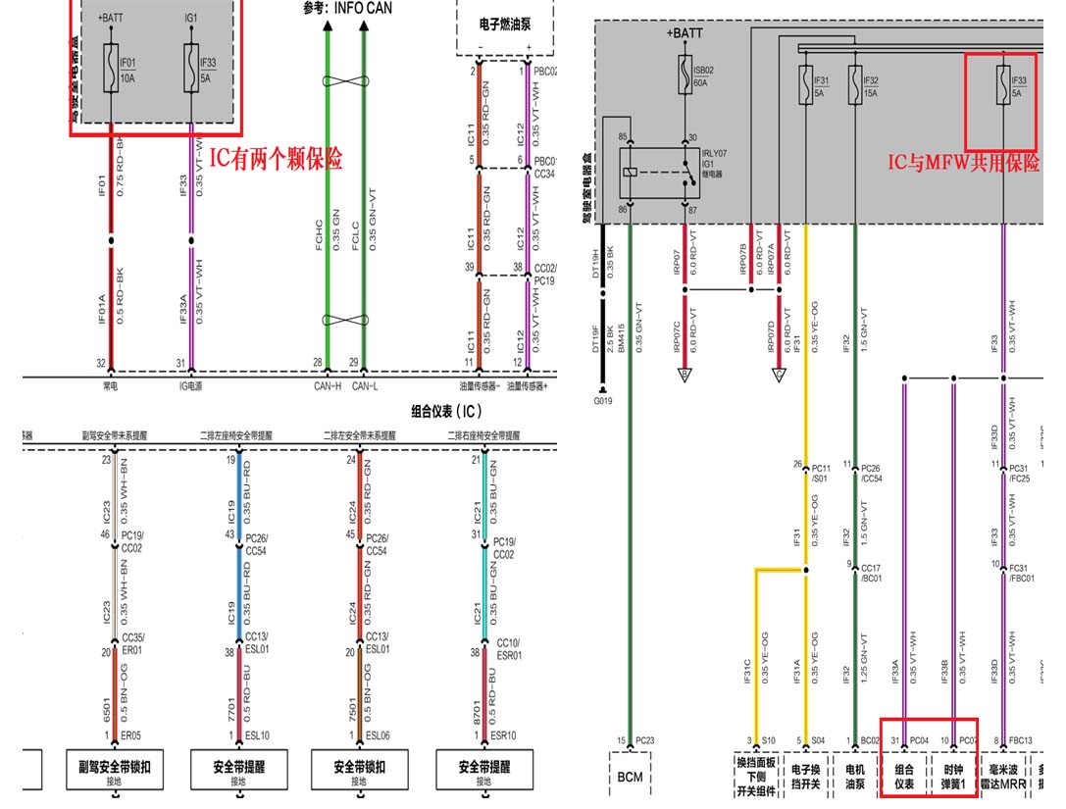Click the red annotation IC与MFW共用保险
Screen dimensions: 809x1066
point(964,164)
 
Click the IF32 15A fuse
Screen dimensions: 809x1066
point(855,77)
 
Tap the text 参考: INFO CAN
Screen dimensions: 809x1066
point(349,9)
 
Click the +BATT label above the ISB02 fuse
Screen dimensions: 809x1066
point(685,33)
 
